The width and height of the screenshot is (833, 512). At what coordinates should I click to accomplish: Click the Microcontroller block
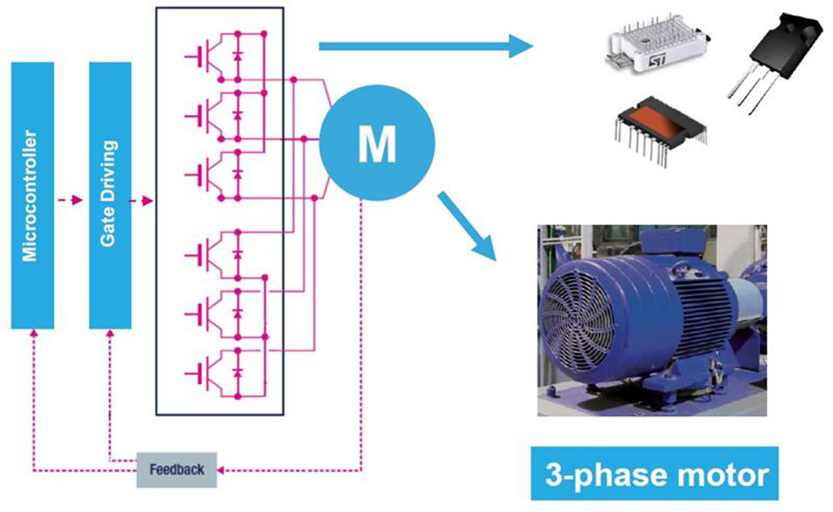(x=32, y=195)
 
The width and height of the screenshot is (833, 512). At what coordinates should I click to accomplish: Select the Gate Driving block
(x=110, y=195)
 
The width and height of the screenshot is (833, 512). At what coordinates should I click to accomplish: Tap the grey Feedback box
(x=176, y=470)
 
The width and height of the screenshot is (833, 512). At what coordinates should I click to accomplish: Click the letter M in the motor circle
(x=377, y=144)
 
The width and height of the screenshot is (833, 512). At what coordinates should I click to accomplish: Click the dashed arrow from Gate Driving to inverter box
(x=141, y=201)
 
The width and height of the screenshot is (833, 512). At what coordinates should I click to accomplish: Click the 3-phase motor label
(x=654, y=474)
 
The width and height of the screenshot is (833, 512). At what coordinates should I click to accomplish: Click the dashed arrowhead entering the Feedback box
(x=220, y=470)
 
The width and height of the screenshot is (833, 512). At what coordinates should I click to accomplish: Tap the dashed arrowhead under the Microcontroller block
(x=33, y=333)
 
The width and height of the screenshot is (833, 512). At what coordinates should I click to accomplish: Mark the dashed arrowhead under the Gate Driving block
(x=110, y=333)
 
